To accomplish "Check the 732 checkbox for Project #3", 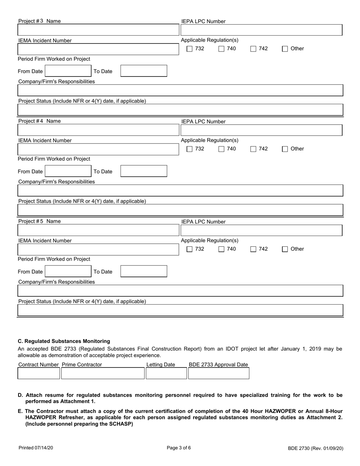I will (190, 49).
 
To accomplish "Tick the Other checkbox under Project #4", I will (285, 149).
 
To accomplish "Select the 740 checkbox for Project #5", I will (222, 249).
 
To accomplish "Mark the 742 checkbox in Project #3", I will (254, 49).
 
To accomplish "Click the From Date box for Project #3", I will (68, 71).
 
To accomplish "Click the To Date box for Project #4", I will (144, 171).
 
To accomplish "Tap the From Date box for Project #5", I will (68, 271).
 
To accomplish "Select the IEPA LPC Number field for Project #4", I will (261, 130).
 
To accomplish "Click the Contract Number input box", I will (39, 374).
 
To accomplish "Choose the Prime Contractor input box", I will (103, 374).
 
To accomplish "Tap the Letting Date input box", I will (166, 374).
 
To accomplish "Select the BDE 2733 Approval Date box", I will (219, 374).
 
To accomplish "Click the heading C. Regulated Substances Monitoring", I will (64, 341).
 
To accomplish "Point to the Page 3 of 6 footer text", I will (179, 447).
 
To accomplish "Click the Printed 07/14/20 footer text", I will (36, 448).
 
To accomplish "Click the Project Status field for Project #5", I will (180, 310).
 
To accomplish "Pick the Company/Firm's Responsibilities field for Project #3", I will (180, 91).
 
